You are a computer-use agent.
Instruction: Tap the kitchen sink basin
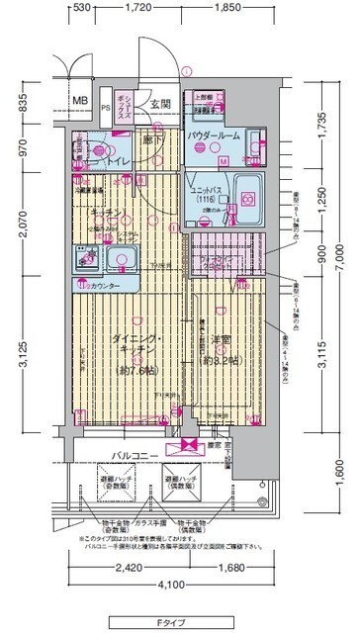pyautogui.click(x=125, y=261)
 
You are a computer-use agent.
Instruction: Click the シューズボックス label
pyautogui.click(x=126, y=101)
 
